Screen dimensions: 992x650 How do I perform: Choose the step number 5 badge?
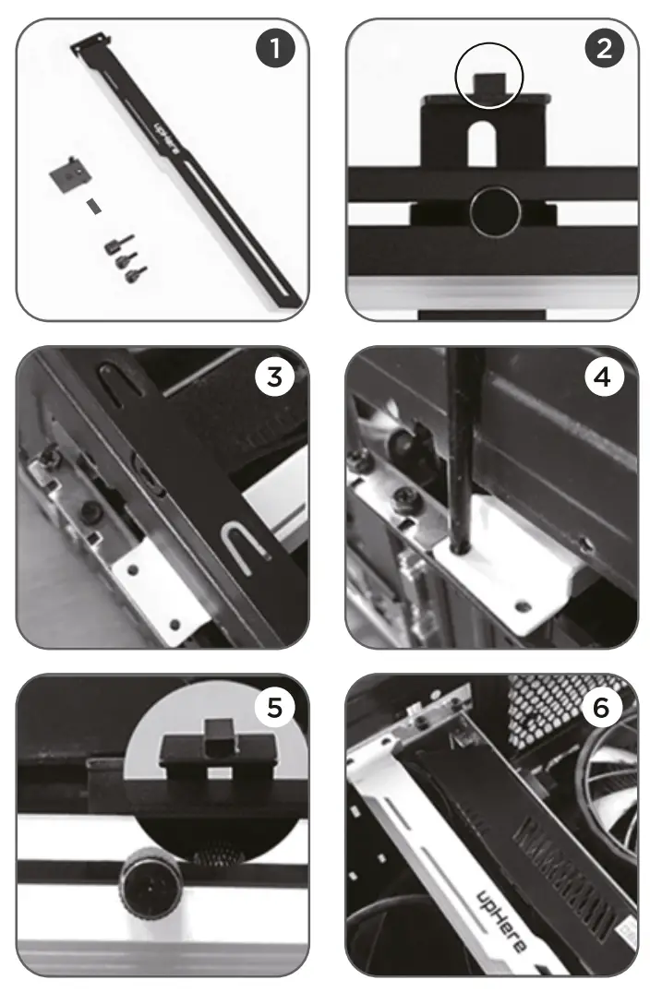274,708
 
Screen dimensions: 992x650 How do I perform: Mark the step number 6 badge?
604,708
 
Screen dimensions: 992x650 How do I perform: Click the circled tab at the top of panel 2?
489,81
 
